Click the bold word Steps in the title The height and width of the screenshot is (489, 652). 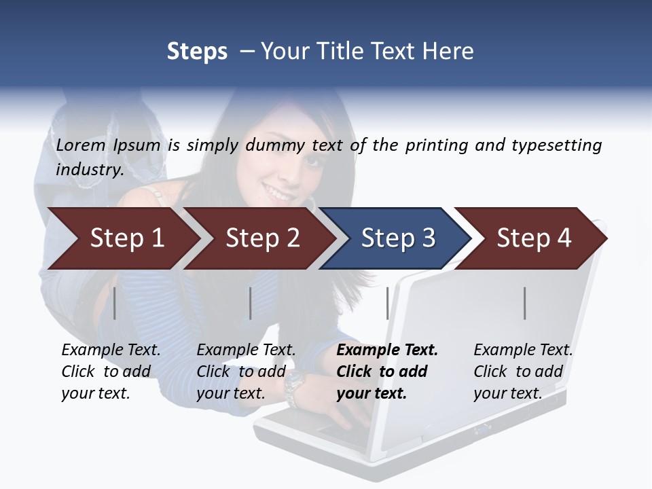pos(197,52)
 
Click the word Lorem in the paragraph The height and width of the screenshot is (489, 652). pos(81,145)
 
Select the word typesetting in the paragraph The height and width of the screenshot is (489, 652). pos(556,145)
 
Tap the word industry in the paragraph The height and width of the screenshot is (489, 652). pos(89,170)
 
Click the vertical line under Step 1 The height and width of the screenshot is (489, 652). pos(115,303)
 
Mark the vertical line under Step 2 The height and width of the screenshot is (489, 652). pos(251,303)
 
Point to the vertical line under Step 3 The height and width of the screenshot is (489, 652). pos(388,303)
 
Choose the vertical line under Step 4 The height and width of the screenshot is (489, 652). pos(525,303)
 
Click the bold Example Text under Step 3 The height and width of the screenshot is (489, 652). pos(387,350)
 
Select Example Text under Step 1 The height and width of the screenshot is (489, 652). pos(111,350)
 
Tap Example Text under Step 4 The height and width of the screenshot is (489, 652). pos(523,350)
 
